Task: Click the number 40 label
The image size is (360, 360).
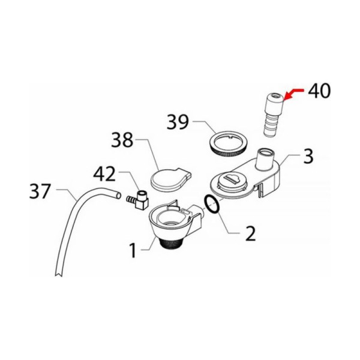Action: [319, 91]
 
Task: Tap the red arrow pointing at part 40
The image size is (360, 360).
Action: [294, 93]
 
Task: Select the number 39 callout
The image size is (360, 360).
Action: [178, 122]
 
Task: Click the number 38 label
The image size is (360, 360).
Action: [122, 140]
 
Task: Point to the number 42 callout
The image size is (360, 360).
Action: [104, 174]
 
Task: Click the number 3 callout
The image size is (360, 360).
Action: [308, 156]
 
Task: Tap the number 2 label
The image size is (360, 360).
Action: [250, 233]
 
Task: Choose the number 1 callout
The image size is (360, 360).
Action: [133, 250]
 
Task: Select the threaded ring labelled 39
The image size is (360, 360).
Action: [228, 143]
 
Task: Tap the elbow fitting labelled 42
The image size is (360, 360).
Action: [139, 200]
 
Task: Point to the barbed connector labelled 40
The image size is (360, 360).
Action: [274, 115]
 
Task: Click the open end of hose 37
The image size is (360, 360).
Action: [118, 195]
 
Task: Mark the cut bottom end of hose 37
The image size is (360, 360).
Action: [59, 274]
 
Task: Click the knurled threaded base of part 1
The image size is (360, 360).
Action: [170, 244]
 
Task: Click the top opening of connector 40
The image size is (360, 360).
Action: [275, 95]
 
